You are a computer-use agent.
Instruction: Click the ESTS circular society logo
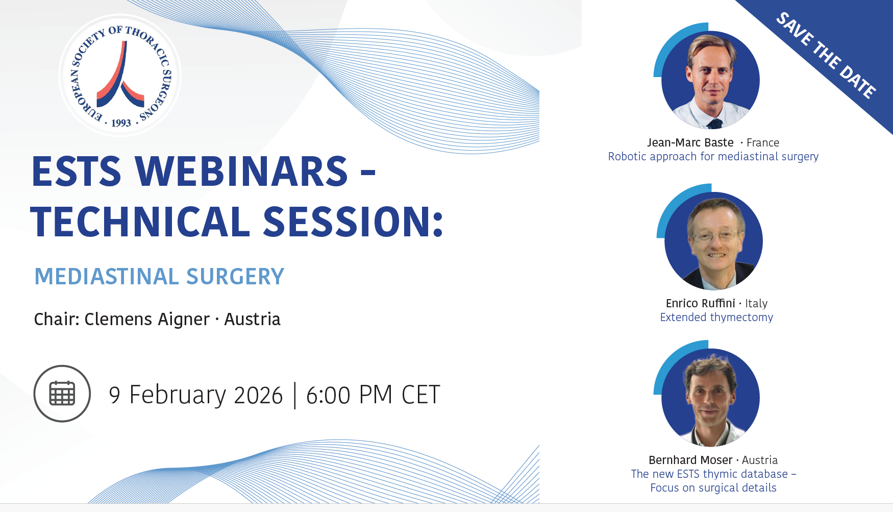tap(120, 76)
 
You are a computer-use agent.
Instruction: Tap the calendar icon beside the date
tap(62, 394)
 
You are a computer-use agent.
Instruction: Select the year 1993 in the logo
tap(121, 123)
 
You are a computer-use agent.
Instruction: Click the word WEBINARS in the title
tap(241, 172)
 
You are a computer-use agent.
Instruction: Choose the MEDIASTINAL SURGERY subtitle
tap(159, 277)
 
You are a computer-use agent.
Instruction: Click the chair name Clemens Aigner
tap(147, 320)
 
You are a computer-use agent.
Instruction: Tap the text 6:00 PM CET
tap(373, 395)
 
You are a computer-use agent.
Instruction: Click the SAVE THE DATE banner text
tap(826, 55)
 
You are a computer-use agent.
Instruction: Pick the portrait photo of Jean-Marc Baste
tap(710, 80)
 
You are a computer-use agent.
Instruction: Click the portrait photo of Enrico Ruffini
tap(713, 240)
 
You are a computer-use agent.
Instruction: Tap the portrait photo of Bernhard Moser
tap(710, 397)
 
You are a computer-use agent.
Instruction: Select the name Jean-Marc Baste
tap(690, 143)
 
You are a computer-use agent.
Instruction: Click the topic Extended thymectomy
tap(716, 318)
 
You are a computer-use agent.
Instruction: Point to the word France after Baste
tap(763, 143)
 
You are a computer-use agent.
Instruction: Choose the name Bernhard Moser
tap(690, 460)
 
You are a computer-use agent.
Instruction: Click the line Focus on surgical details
tap(713, 488)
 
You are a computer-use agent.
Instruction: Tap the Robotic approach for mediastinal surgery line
tap(713, 157)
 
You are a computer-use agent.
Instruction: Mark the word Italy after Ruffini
tap(756, 304)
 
